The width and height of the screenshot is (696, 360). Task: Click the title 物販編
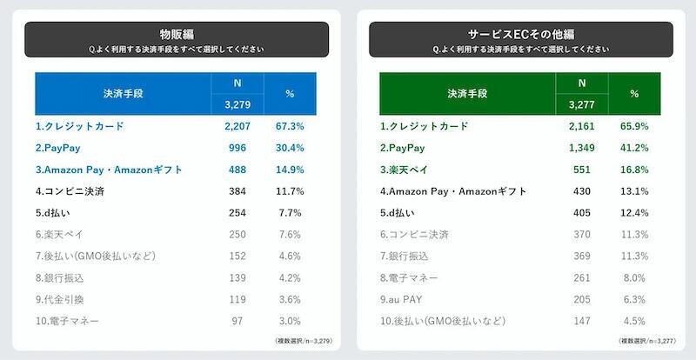[x=176, y=34]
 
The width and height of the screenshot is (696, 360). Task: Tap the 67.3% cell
[x=290, y=126]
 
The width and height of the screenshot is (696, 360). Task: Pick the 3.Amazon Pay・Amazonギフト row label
[x=109, y=170]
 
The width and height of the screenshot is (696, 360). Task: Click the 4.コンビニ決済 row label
[x=70, y=191]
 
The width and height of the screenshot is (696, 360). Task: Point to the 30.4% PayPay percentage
[x=290, y=148]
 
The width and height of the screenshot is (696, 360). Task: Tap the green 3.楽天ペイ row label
[x=409, y=170]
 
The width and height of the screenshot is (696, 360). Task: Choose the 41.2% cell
[x=634, y=148]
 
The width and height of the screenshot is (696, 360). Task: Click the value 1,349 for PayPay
[x=580, y=148]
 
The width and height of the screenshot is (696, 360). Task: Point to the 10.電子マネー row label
[x=68, y=321]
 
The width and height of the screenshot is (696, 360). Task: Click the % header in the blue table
[x=290, y=93]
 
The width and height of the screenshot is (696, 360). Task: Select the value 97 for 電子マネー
[x=237, y=321]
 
